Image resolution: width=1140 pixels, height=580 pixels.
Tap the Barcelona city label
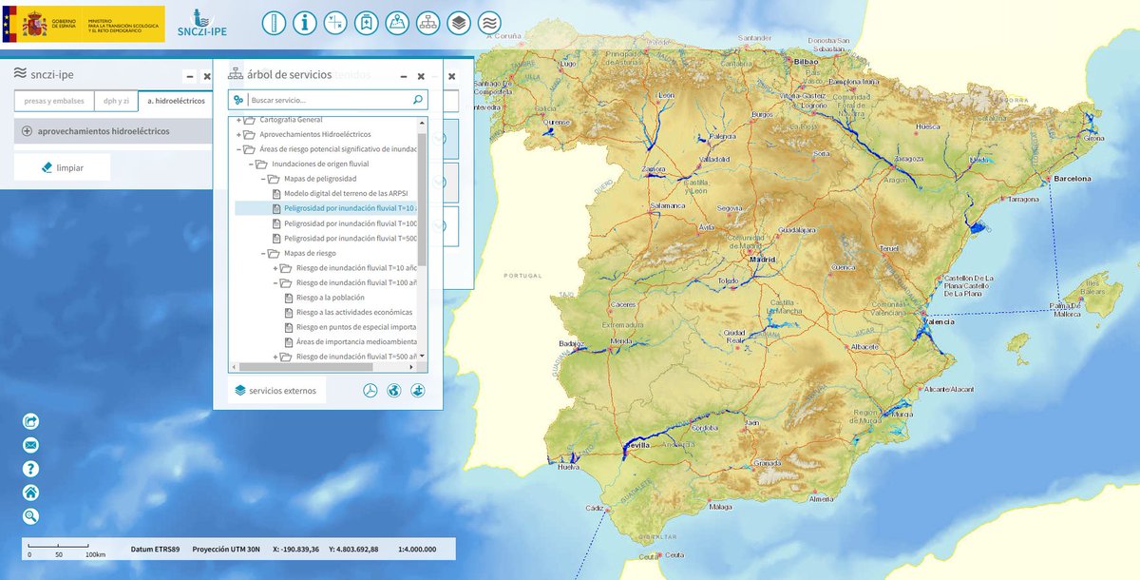point(1072,178)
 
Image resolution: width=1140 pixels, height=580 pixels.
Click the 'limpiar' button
point(63,166)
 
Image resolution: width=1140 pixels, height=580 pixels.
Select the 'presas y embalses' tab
point(54,100)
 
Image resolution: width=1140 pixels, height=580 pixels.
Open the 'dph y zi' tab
point(116,100)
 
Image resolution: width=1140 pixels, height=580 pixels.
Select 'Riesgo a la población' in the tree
point(328,298)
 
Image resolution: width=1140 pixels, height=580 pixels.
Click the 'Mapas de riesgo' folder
point(310,254)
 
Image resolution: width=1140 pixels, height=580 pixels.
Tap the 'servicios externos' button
point(277,390)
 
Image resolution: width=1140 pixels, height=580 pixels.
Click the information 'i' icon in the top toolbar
point(304,23)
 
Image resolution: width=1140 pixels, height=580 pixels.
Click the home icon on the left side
point(30,493)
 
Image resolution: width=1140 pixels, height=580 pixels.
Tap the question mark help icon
point(30,469)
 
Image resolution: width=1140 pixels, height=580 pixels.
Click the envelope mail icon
point(30,445)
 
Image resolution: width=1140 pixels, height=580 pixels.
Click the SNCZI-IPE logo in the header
point(201,24)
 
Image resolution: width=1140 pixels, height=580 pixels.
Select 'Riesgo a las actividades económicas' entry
point(353,312)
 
